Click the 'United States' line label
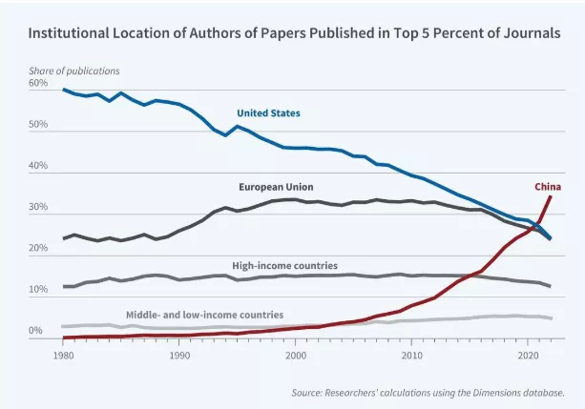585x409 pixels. point(268,113)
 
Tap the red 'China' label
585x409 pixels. point(547,186)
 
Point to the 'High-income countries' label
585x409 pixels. point(284,265)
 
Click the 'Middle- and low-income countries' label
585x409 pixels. point(204,314)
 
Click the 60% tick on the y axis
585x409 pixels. point(38,84)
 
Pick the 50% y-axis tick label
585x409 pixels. point(38,125)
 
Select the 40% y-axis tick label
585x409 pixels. point(38,167)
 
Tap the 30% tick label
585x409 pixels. point(38,208)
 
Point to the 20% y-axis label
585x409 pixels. point(38,249)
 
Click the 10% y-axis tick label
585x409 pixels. point(38,290)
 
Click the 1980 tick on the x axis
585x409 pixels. point(64,356)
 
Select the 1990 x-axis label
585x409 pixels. point(179,356)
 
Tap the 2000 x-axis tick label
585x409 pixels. point(296,356)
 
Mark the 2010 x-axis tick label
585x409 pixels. point(412,356)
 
